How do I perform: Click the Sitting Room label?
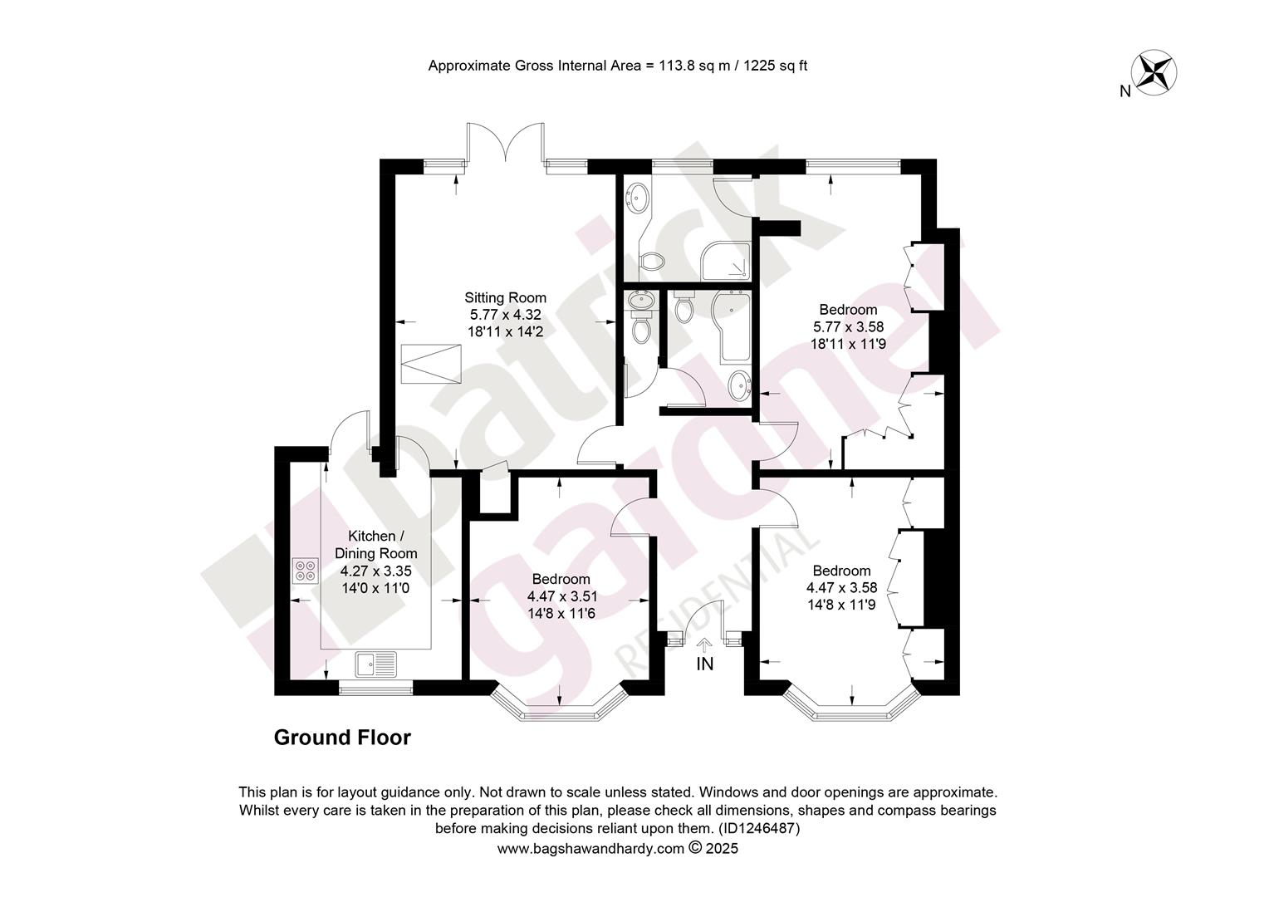(505, 297)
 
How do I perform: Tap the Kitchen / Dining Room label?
(375, 545)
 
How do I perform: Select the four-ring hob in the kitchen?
(306, 571)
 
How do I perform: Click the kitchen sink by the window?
(376, 664)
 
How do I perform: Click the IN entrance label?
(705, 664)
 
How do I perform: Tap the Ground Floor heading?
(342, 738)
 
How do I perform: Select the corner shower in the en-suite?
(726, 262)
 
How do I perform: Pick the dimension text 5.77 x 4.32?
(505, 315)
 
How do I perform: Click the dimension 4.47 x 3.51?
(562, 596)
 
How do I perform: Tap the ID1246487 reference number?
(759, 828)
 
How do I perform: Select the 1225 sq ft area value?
(775, 66)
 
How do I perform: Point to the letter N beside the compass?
(1125, 91)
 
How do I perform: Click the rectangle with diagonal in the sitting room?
(431, 363)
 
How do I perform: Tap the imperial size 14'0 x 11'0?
(375, 588)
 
